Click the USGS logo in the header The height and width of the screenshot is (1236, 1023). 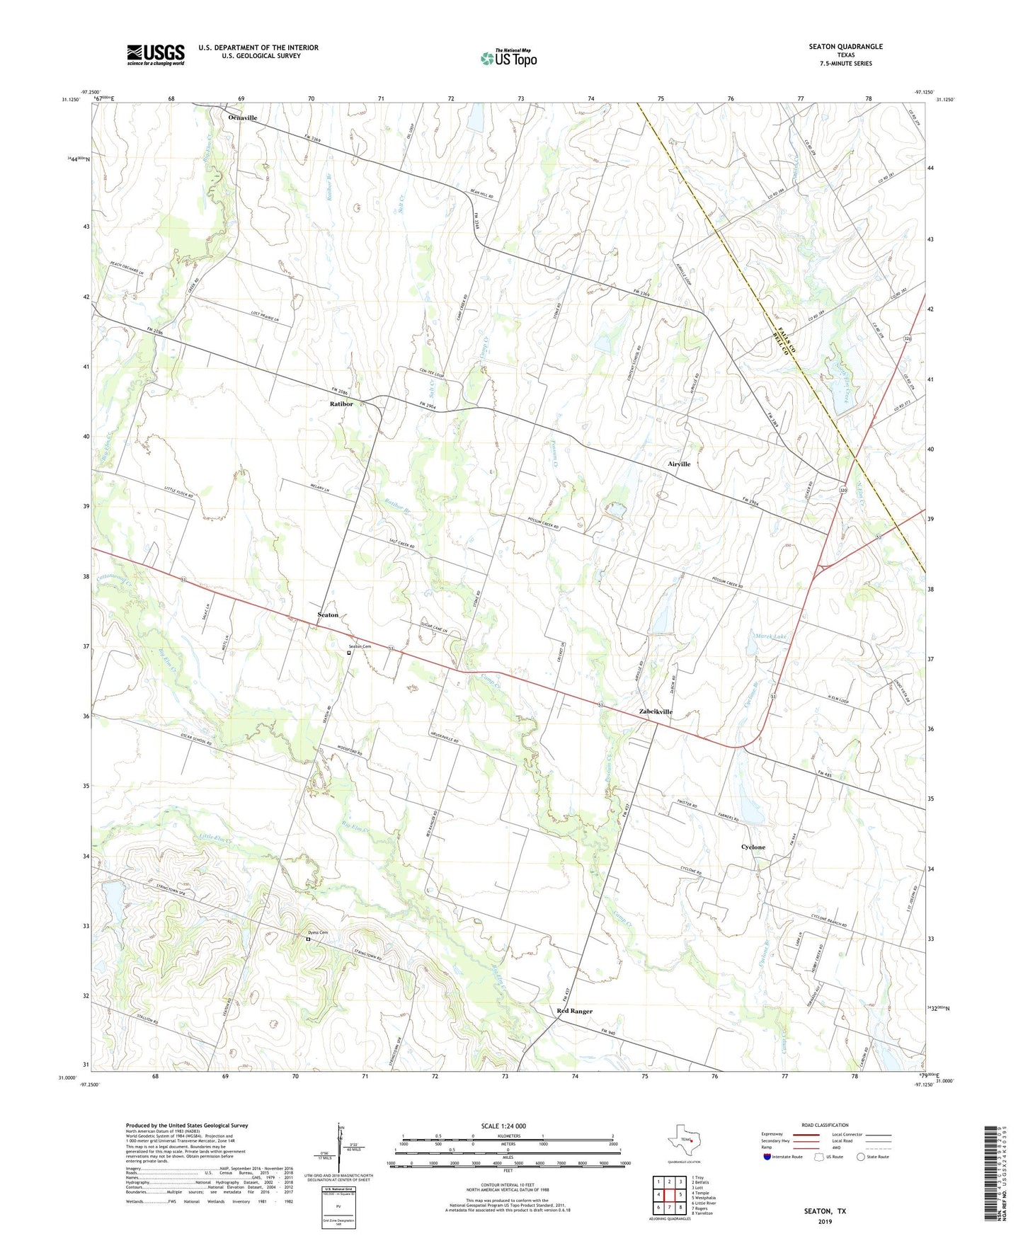pos(156,55)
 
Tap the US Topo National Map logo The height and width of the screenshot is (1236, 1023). pos(508,58)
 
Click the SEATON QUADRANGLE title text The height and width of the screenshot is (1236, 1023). pos(845,47)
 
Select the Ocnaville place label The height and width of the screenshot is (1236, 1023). pos(242,118)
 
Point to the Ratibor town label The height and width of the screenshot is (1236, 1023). pos(341,404)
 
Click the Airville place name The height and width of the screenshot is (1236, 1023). pos(679,464)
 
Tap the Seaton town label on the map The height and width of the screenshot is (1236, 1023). pos(328,615)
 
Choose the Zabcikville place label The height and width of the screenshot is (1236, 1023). pos(656,712)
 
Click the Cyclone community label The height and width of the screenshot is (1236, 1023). pos(753,847)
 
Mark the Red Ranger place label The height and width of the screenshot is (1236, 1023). pos(574,1012)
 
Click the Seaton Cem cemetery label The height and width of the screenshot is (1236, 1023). pos(359,647)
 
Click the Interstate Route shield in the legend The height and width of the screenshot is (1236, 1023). pos(767,1157)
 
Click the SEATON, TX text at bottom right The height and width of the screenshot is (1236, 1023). pos(825,1211)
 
